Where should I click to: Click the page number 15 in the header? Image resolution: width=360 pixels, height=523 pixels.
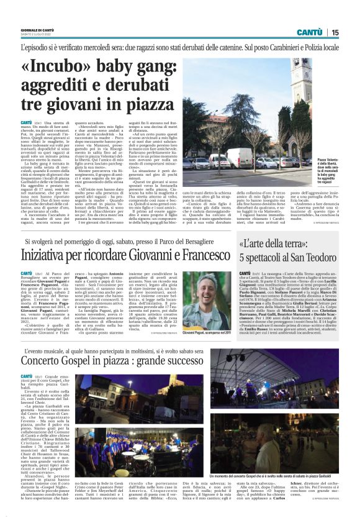[x=335, y=32]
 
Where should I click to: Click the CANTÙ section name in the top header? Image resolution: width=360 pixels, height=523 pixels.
[x=308, y=32]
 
